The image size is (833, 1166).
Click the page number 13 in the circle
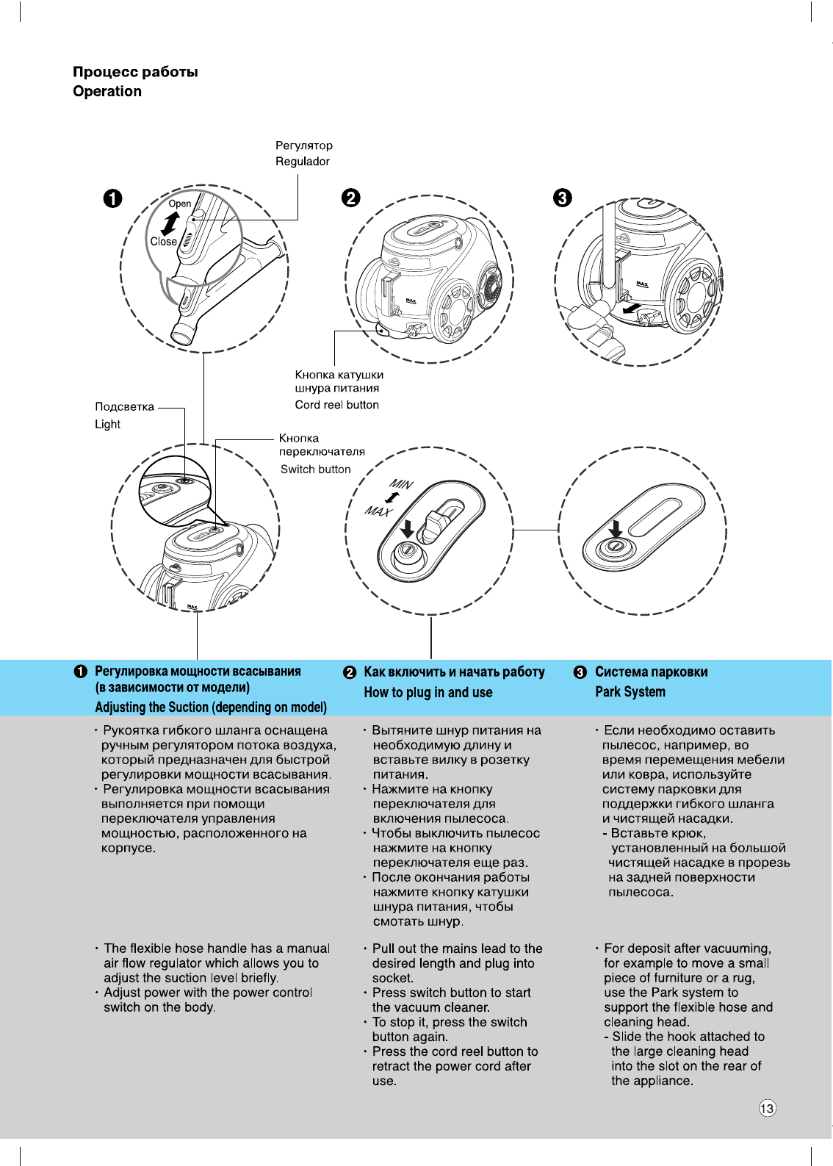click(767, 1108)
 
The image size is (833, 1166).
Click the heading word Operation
click(107, 92)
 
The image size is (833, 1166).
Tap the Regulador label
click(303, 162)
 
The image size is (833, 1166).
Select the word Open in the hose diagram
click(180, 204)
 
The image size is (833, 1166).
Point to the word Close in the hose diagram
click(164, 241)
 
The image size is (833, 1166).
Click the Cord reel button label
click(337, 405)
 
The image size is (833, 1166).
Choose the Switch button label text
click(316, 469)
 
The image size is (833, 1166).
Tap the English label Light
click(107, 424)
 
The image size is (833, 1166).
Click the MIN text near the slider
click(401, 484)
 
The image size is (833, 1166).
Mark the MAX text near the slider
click(378, 511)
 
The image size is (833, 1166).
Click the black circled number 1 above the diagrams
click(112, 198)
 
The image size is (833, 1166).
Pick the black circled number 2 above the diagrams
click(351, 198)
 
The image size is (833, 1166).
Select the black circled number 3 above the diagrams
click(562, 198)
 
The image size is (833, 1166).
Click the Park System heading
click(630, 692)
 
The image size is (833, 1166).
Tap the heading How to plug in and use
click(428, 692)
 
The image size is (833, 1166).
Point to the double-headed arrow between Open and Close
click(171, 223)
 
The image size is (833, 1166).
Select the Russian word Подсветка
click(125, 406)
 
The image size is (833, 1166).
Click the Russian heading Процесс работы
click(135, 72)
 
